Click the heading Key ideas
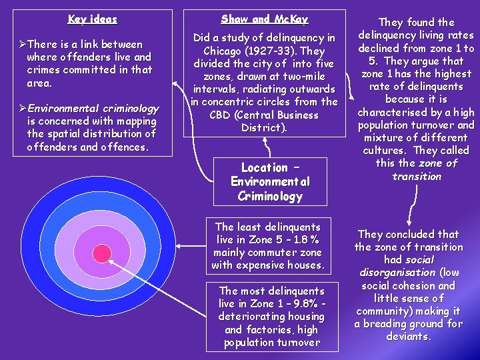[x=93, y=19]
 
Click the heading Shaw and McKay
[x=265, y=19]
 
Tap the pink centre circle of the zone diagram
[x=101, y=253]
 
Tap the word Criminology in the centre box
[x=269, y=196]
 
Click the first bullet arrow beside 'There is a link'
[x=22, y=45]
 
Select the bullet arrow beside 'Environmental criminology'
[x=22, y=109]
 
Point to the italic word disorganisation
[x=397, y=273]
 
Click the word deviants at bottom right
[x=408, y=337]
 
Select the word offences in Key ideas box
[x=125, y=147]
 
